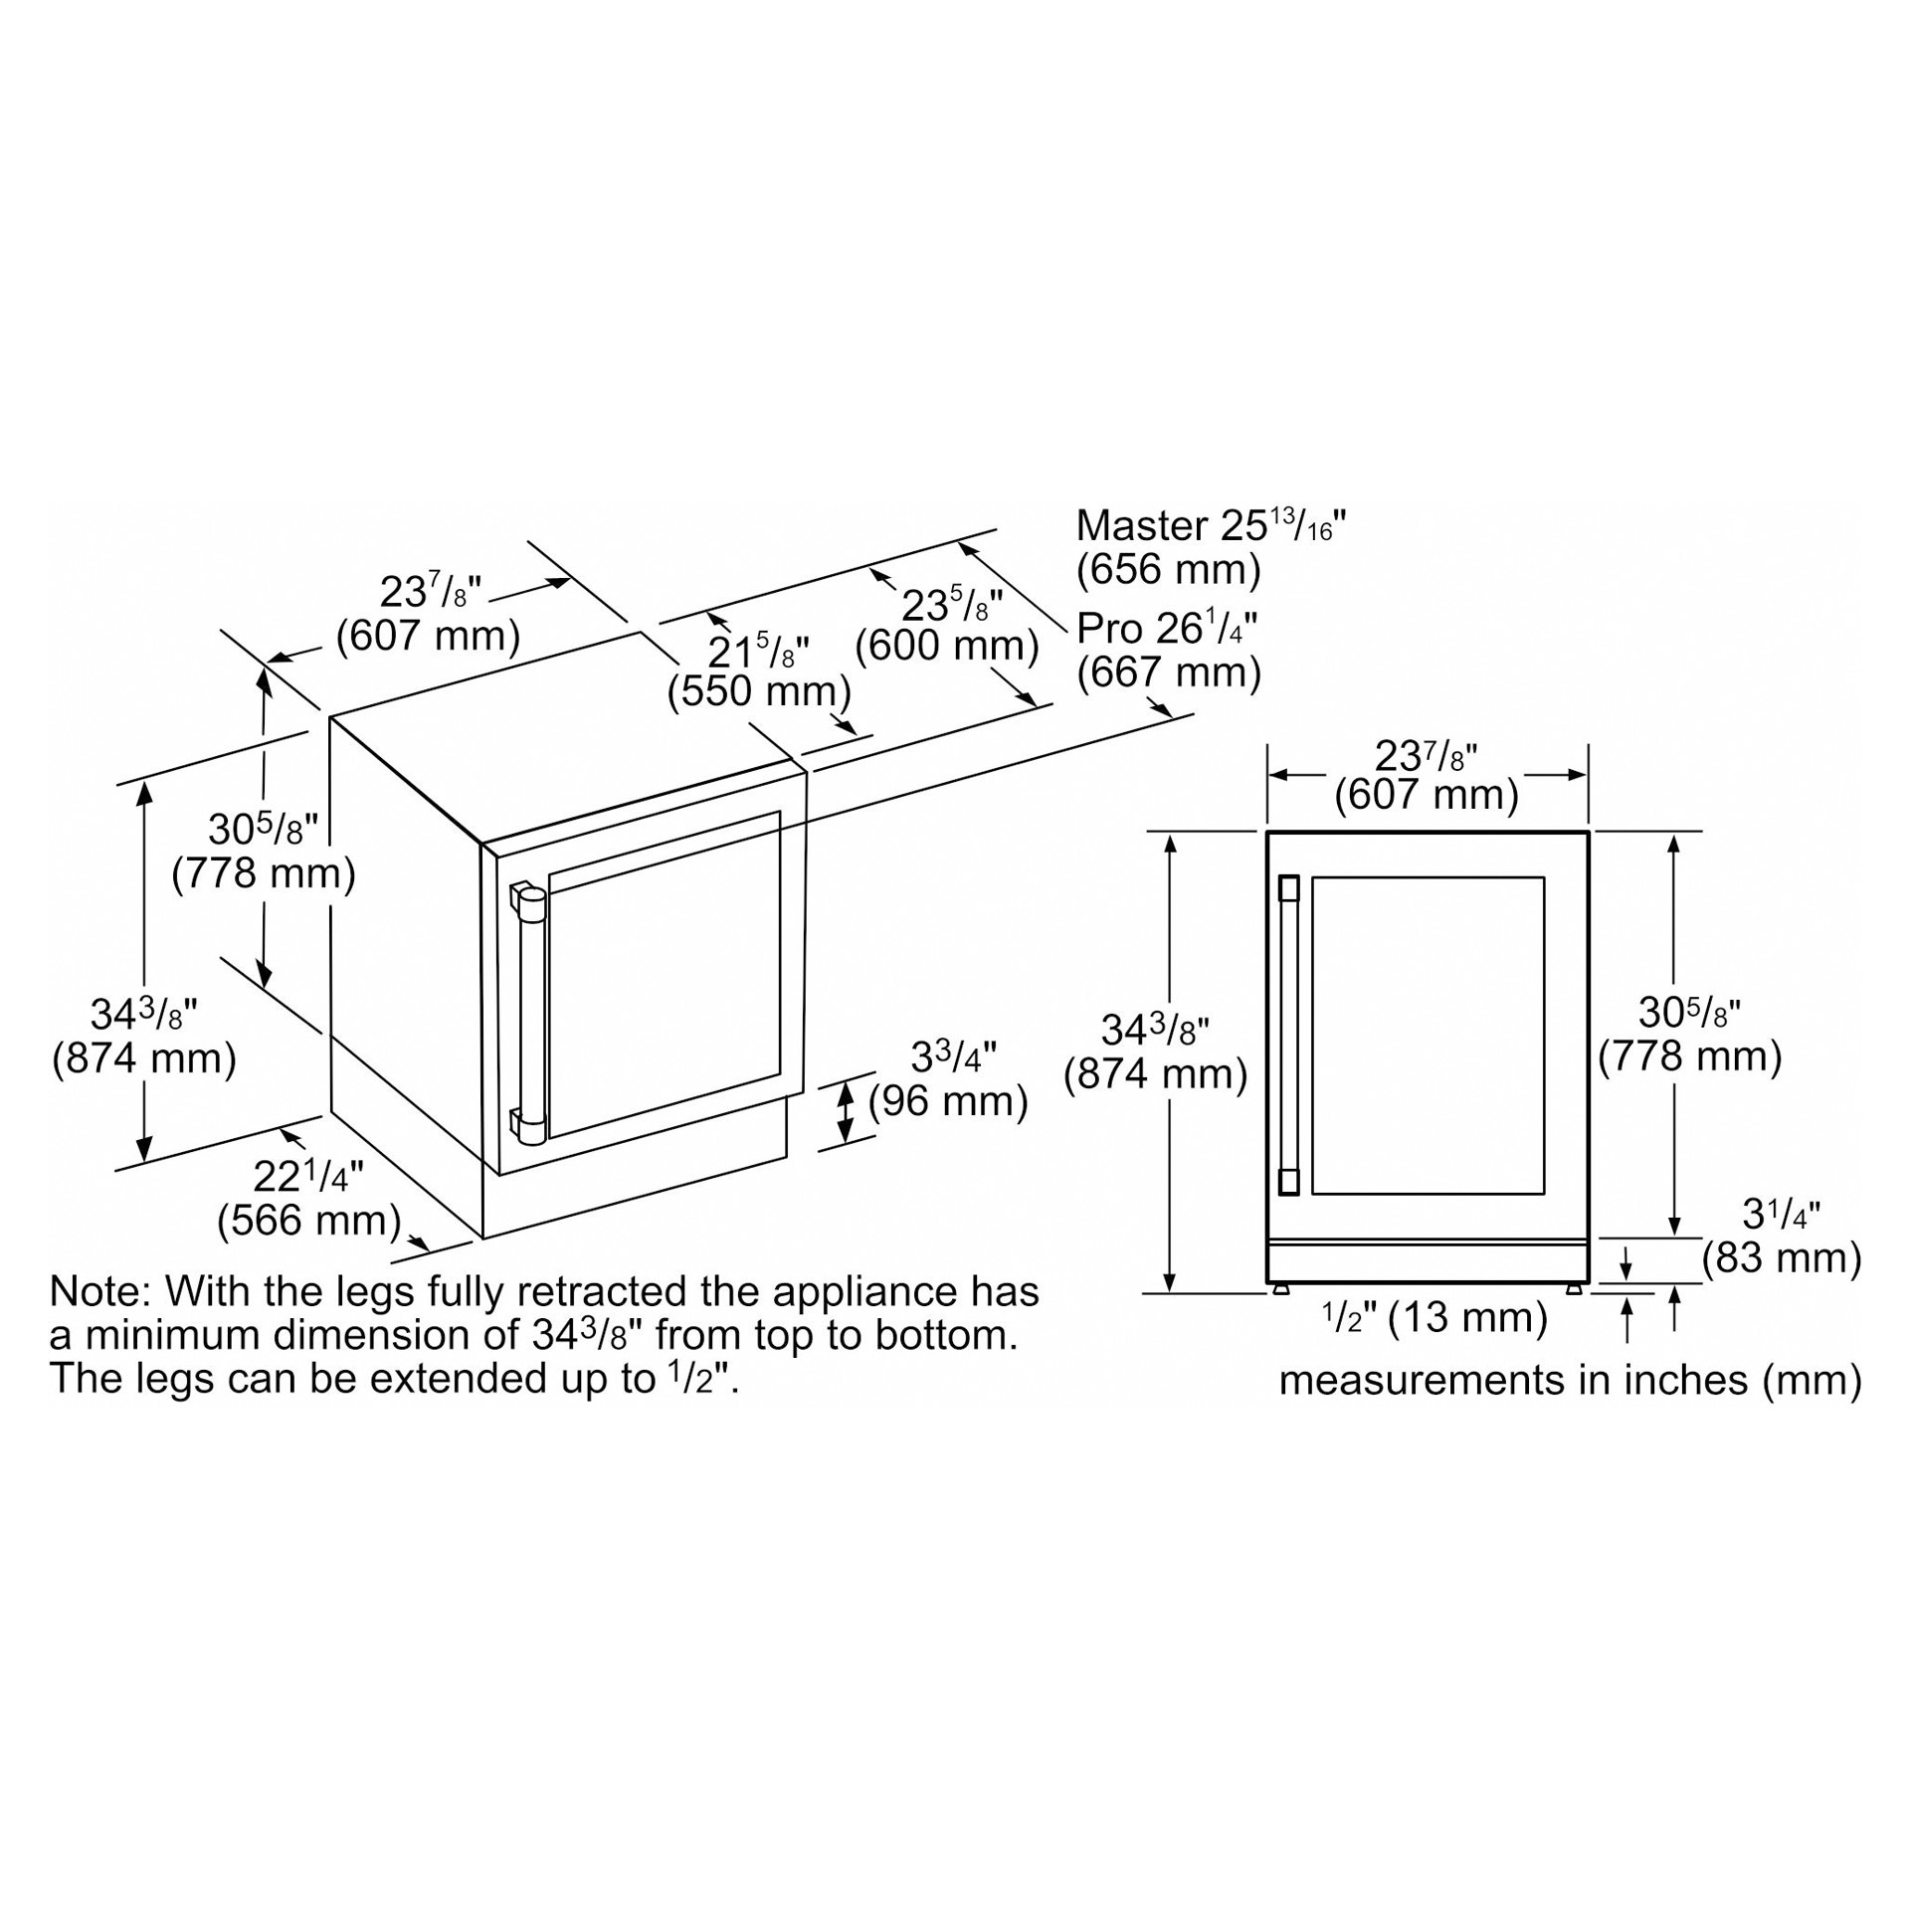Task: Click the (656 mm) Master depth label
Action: pos(1169,569)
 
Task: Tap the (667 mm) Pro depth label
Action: pos(1169,672)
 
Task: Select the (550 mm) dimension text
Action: pos(759,690)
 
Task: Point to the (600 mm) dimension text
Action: pos(947,646)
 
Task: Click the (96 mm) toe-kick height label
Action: pos(948,1101)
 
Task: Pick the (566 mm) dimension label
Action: pos(309,1220)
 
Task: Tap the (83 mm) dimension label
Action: pos(1782,1257)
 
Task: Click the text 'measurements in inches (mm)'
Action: pos(1570,1381)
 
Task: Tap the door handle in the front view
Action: pos(1289,1035)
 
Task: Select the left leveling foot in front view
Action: pos(1281,1289)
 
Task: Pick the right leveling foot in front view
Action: pos(1574,1289)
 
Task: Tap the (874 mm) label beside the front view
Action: pos(1155,1074)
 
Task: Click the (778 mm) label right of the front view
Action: pos(1689,1056)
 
